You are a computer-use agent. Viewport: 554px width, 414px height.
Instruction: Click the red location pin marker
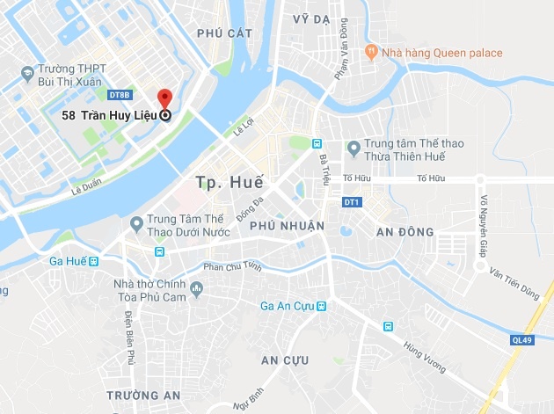[164, 99]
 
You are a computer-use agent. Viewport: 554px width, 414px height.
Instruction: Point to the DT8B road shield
[119, 95]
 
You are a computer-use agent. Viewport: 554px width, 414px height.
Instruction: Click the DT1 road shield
[352, 203]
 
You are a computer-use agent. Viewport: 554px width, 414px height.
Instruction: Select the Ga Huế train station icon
[93, 261]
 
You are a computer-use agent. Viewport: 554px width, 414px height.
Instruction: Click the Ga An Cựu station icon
[321, 305]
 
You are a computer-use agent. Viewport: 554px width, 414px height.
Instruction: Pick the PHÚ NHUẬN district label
[288, 226]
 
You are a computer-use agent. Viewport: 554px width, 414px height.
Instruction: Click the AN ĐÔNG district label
[405, 231]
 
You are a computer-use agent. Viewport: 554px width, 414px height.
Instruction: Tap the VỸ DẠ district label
[310, 18]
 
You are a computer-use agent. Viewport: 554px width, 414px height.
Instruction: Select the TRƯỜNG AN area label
[143, 395]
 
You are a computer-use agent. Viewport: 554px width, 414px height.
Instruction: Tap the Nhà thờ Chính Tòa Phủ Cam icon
[196, 288]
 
